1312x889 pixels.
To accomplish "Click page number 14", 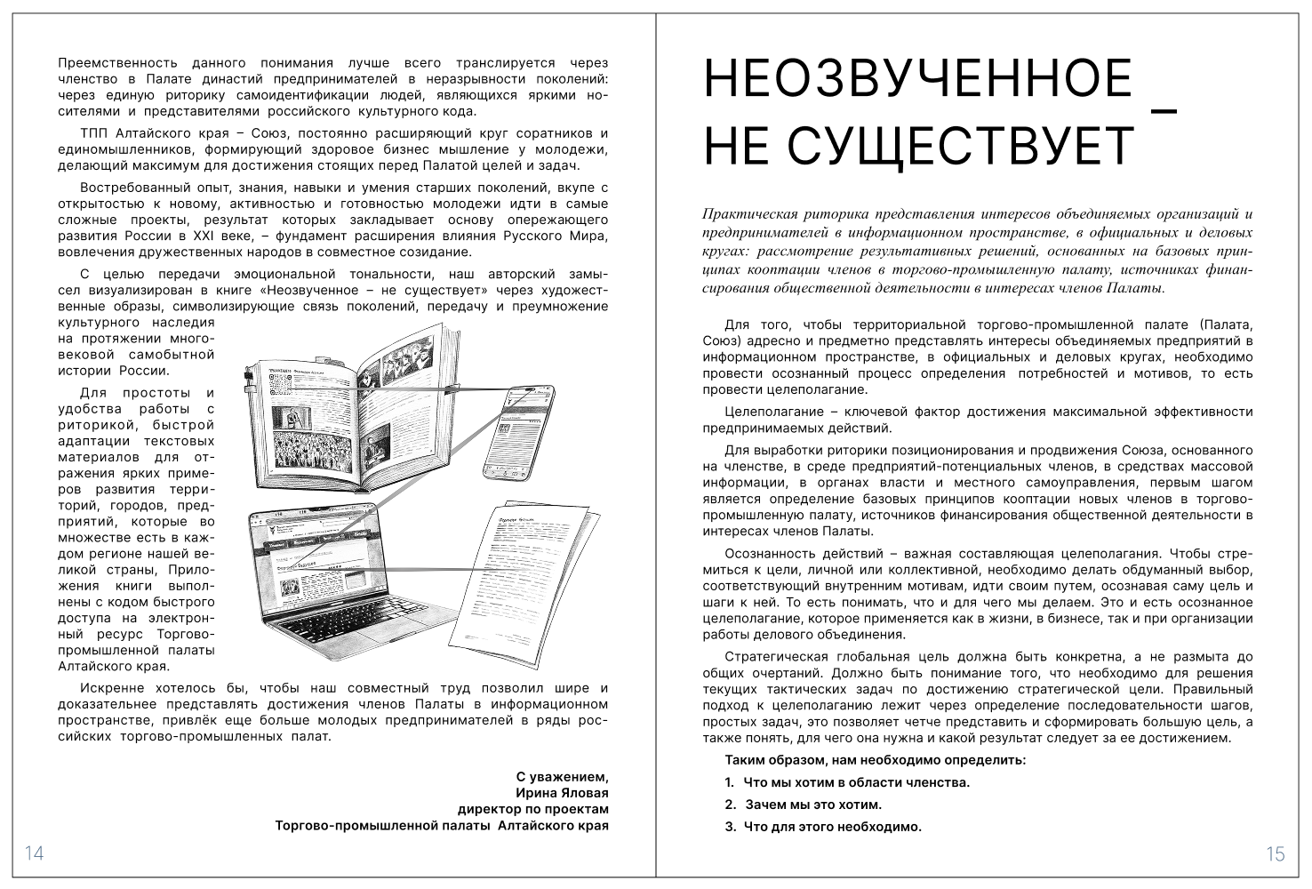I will click(34, 853).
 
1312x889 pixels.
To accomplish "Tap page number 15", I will click(1275, 854).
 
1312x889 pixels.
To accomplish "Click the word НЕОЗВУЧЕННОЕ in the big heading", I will click(917, 80).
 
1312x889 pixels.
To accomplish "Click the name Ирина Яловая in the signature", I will click(562, 792).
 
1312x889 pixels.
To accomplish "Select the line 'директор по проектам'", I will click(533, 809).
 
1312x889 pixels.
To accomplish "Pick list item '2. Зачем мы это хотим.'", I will click(803, 805).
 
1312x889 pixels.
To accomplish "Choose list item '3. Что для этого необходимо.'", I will click(823, 827).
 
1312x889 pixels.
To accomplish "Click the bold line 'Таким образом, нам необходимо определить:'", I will click(876, 760).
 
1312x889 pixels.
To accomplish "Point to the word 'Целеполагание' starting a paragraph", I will click(770, 412).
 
